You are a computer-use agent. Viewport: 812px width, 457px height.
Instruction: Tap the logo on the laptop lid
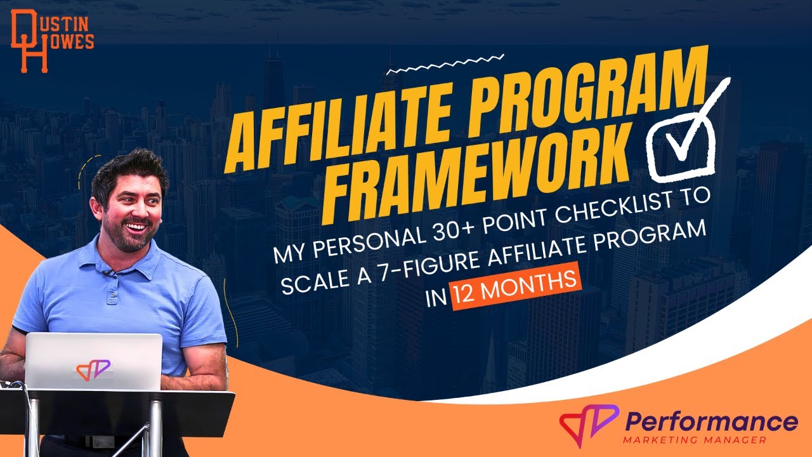pos(93,369)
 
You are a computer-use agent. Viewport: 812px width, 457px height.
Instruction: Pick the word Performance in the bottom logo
pos(711,421)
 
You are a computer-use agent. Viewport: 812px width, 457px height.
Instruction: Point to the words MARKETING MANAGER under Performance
pos(694,440)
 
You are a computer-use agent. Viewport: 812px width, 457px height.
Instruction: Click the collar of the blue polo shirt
pos(127,263)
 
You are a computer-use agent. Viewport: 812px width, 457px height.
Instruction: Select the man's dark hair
pos(127,168)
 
